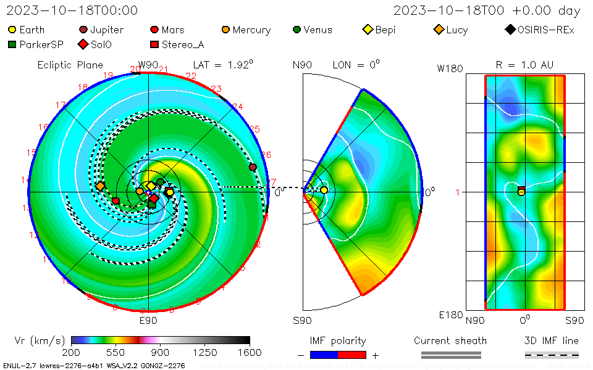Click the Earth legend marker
coord(12,30)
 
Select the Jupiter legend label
coord(107,30)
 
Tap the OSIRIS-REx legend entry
coord(545,30)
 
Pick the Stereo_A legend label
coord(183,44)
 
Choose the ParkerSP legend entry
coord(43,44)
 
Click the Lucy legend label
coord(456,30)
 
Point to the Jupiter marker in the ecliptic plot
coord(252,167)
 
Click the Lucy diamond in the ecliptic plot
coord(100,186)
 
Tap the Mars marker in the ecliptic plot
coord(116,200)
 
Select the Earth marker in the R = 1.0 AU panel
coord(521,192)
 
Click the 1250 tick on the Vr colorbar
coord(205,352)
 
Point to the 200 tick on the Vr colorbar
coord(72,352)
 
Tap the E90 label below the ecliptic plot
coord(148,320)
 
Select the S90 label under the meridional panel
coord(302,320)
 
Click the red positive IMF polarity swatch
coord(352,355)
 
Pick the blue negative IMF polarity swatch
coord(324,355)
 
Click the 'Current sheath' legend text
coord(450,340)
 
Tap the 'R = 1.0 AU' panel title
coord(524,65)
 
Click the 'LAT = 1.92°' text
coord(216,64)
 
